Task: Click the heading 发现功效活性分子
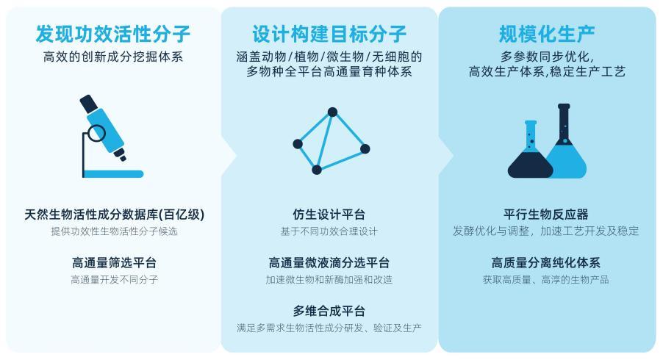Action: (113, 34)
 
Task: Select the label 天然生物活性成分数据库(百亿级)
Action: (114, 215)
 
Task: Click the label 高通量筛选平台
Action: (114, 262)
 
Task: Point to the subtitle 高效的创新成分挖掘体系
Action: (113, 57)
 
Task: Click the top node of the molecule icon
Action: (332, 112)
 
